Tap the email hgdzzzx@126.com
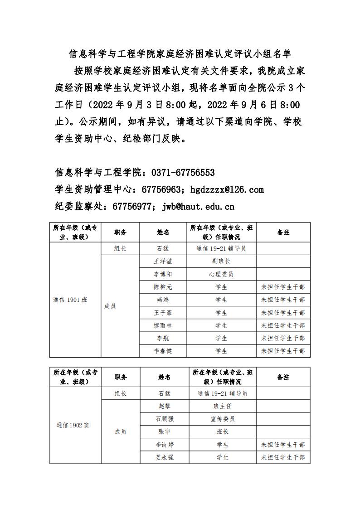pyautogui.click(x=227, y=189)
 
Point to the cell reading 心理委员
pyautogui.click(x=221, y=274)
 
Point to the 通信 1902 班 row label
pyautogui.click(x=73, y=425)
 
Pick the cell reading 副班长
pyautogui.click(x=221, y=262)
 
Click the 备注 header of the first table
pyautogui.click(x=283, y=233)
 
